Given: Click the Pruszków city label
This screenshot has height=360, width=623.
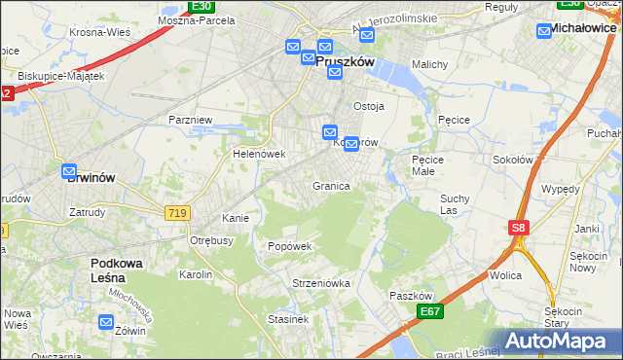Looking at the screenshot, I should click(x=346, y=60).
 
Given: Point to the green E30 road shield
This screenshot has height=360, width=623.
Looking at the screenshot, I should click(x=202, y=6).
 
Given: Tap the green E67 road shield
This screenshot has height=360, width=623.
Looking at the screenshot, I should click(x=430, y=310).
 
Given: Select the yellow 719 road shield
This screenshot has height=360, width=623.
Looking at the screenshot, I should click(x=176, y=212).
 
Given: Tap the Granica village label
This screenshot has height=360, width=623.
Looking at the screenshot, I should click(x=331, y=186).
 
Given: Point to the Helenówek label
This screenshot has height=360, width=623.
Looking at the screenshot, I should click(x=258, y=154).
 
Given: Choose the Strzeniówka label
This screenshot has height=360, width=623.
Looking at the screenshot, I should click(x=320, y=283).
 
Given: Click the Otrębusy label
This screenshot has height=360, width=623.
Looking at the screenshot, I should click(x=211, y=240).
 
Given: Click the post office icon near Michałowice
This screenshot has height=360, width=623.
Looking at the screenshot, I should click(x=545, y=31).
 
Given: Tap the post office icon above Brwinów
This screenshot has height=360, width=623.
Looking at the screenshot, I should click(x=71, y=171).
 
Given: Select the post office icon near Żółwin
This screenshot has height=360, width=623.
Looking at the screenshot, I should click(x=105, y=322).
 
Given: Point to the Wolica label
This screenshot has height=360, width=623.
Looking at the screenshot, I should click(x=505, y=275).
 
